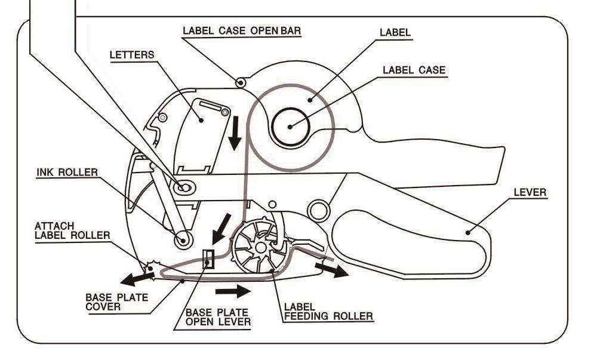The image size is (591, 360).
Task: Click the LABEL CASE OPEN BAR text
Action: (x=242, y=31)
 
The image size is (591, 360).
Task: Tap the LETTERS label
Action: (x=132, y=55)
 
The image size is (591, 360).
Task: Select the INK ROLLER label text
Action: (x=67, y=173)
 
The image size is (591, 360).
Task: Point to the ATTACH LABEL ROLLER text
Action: (x=72, y=230)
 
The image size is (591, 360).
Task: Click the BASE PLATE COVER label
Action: (x=117, y=302)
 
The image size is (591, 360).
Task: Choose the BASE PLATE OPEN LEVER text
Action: (x=218, y=318)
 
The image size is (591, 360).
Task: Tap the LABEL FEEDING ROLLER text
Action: (x=328, y=312)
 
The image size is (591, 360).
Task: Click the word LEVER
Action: (x=530, y=193)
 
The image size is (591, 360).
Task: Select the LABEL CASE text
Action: (x=414, y=70)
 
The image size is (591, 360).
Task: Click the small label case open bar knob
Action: (x=241, y=82)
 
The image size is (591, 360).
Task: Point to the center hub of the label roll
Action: (x=290, y=127)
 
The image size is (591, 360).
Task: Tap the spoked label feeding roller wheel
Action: (x=260, y=247)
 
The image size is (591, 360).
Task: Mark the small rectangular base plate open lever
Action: (x=209, y=259)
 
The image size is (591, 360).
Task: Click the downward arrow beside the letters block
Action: (x=235, y=133)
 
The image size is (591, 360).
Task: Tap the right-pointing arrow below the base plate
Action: (x=233, y=291)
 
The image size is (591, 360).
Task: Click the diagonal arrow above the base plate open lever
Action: (x=221, y=229)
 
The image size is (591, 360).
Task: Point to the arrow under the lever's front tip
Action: (x=332, y=270)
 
